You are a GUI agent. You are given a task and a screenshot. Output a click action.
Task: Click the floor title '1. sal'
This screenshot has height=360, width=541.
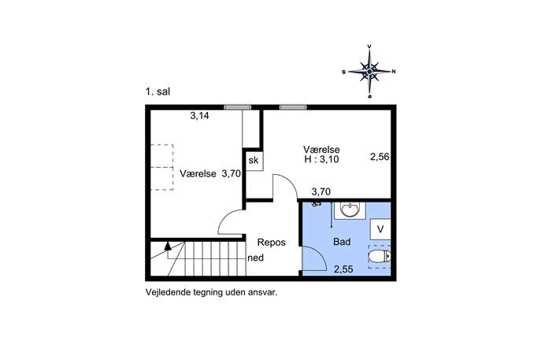tap(157, 92)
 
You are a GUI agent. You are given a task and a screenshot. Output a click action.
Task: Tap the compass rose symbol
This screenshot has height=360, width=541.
tap(369, 72)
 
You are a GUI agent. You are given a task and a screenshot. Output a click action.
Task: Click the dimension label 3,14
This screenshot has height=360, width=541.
tap(199, 116)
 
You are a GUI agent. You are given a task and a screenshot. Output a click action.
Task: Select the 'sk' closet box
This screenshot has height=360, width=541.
tap(254, 160)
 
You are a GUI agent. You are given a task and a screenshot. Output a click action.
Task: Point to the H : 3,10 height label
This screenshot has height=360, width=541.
tap(321, 159)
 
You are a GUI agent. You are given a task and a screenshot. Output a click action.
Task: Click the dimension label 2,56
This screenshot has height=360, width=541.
tap(380, 157)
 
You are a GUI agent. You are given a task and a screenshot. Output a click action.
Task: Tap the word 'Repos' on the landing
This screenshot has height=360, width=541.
tap(272, 243)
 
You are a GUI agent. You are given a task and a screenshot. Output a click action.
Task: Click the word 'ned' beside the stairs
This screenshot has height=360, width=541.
tap(256, 258)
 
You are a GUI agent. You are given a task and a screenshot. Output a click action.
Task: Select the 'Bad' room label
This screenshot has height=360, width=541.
tap(342, 242)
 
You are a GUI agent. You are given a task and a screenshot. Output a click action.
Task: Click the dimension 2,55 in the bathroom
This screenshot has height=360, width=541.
tap(343, 269)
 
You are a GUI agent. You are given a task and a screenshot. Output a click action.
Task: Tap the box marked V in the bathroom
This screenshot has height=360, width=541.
tap(380, 228)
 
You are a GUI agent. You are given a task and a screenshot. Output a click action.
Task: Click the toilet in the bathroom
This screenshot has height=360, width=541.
tap(380, 257)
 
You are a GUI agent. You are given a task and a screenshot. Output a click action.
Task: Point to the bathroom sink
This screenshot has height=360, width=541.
tap(350, 210)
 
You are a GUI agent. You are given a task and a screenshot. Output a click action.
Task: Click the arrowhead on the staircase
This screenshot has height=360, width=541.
tap(168, 246)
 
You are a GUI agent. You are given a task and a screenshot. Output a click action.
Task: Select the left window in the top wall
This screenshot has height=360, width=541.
tap(237, 107)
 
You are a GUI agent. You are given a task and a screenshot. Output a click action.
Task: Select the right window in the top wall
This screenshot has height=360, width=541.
tap(293, 107)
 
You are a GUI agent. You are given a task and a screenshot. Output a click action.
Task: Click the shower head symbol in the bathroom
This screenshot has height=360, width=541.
tap(316, 204)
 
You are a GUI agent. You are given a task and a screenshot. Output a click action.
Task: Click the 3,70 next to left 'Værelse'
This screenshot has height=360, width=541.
tap(232, 173)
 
